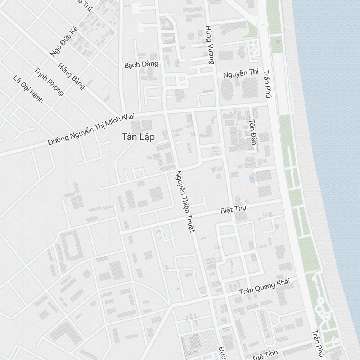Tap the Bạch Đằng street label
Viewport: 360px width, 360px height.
tap(141, 65)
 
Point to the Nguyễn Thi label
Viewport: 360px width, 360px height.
tap(240, 74)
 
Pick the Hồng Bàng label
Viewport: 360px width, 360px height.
tap(72, 76)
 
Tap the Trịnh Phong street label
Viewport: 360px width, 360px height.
tap(49, 82)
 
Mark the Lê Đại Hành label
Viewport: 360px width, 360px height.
tap(28, 89)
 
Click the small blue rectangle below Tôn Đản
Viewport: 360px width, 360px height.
tap(251, 178)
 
